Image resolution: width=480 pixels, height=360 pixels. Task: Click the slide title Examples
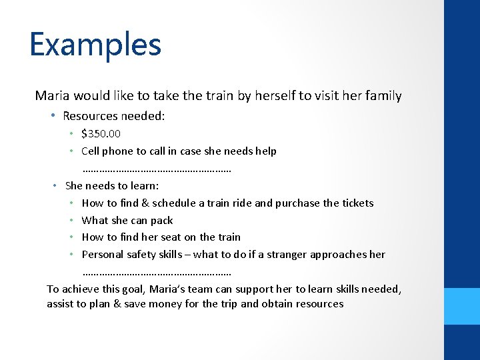pyautogui.click(x=95, y=45)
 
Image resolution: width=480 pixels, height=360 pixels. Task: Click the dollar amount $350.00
pyautogui.click(x=101, y=134)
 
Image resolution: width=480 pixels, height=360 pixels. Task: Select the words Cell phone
pyautogui.click(x=107, y=151)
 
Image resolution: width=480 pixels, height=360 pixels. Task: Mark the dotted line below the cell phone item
pyautogui.click(x=157, y=170)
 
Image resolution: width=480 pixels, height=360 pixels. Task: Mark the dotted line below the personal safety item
pyautogui.click(x=157, y=273)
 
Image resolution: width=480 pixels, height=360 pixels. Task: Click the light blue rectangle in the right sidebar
pyautogui.click(x=461, y=306)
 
